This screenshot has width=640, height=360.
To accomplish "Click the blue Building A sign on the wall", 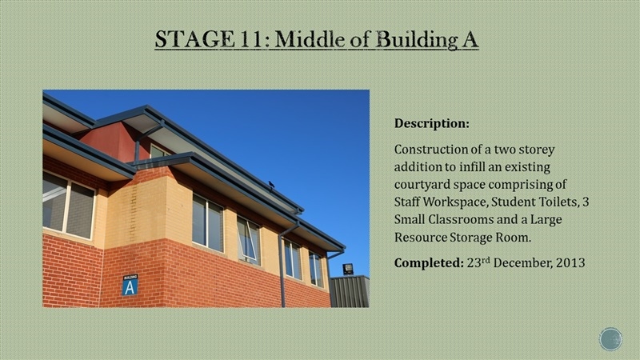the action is [x=130, y=285].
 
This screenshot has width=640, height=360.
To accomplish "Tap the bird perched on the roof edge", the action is [x=271, y=186].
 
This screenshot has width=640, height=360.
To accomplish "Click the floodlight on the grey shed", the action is [x=348, y=269].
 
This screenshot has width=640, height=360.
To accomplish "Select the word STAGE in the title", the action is [x=194, y=39].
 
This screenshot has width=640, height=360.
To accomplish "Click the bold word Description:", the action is [x=432, y=123].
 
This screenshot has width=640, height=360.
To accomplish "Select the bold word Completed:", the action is [x=429, y=262].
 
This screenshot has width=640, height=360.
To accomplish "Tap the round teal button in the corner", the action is [x=610, y=339].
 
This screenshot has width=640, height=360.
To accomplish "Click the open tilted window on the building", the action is [x=249, y=241].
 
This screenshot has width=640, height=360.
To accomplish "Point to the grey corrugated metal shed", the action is [x=350, y=291].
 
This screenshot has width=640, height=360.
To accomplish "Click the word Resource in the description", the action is [x=420, y=237].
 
